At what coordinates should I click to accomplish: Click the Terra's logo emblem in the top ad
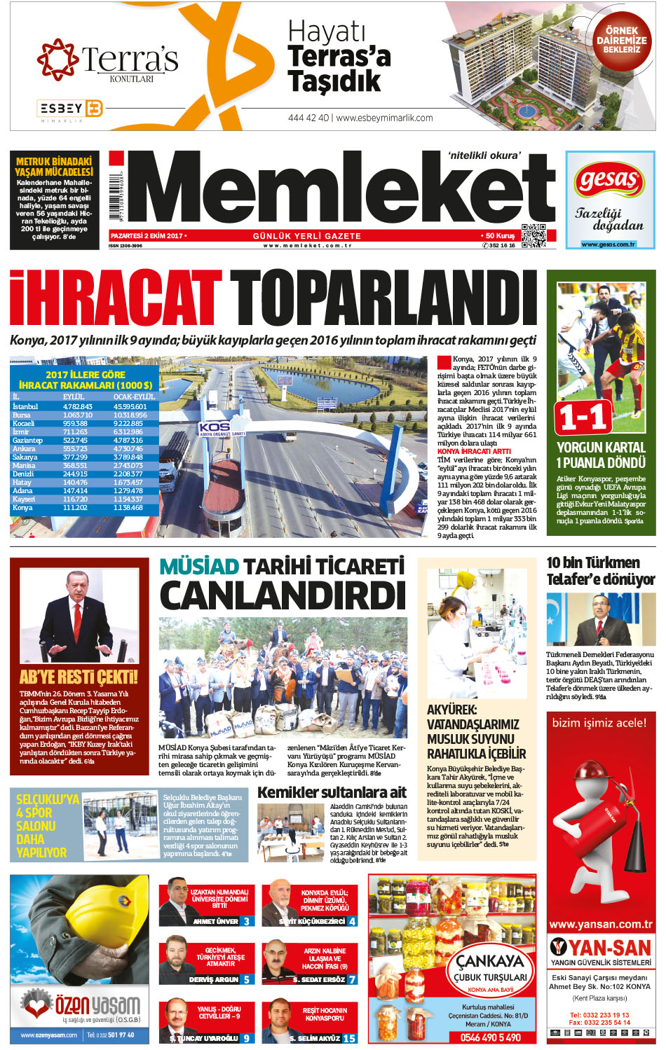[57, 59]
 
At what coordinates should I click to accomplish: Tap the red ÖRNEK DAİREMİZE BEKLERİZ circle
[621, 41]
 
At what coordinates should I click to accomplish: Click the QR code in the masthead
[533, 236]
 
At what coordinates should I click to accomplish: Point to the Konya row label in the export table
[22, 507]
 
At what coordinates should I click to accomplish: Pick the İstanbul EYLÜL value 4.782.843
[77, 406]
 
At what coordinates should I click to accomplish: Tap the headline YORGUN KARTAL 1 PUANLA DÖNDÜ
[601, 455]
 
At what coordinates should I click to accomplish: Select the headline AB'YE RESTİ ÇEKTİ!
[79, 677]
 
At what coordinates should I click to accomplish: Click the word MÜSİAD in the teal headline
[199, 566]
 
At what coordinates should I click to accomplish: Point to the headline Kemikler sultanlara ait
[332, 792]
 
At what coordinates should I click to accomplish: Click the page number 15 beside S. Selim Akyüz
[348, 1038]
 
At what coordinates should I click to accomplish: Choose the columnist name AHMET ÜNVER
[216, 921]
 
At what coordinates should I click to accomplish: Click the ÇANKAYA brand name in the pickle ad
[490, 960]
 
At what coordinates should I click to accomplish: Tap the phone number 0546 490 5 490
[490, 1037]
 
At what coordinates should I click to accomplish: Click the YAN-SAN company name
[609, 948]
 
